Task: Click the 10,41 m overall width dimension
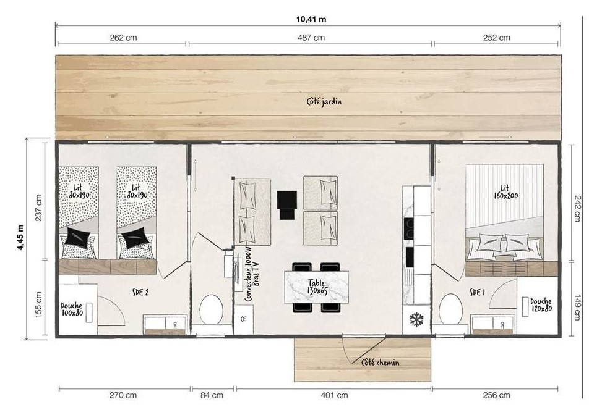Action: [311, 19]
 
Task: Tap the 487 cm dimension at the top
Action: [311, 38]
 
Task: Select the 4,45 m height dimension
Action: [20, 238]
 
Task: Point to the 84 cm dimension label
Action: [212, 395]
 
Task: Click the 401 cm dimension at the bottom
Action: [334, 395]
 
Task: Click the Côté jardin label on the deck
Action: [324, 101]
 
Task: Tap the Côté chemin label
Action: [381, 363]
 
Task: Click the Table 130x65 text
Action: [317, 287]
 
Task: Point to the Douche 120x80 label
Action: [541, 305]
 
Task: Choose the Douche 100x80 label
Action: [72, 309]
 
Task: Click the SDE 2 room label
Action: [140, 292]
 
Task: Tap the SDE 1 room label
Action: [477, 293]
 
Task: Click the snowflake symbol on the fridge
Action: [416, 319]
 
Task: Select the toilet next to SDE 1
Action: [450, 309]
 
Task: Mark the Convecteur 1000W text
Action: [248, 274]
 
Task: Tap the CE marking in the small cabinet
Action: [243, 319]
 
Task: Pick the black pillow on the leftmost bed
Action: [79, 237]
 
